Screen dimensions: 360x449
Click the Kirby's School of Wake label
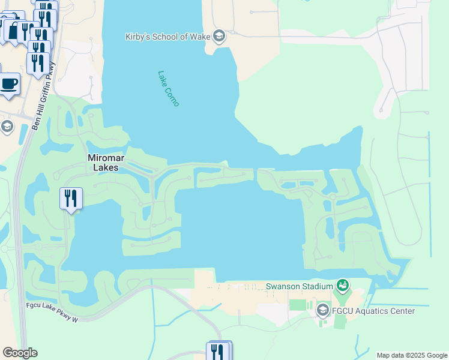pos(168,37)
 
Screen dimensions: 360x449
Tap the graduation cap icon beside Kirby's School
pos(219,37)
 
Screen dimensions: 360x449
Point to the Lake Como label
pos(169,89)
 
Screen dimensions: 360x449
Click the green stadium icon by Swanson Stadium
pos(343,284)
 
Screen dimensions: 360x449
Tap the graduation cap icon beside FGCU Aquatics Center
pos(322,310)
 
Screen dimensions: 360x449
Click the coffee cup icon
pos(8,84)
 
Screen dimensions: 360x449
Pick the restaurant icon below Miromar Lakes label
pos(71,198)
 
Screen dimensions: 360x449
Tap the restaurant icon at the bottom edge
pos(218,352)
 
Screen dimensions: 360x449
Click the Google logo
pos(20,353)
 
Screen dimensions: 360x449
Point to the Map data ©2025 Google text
pos(411,355)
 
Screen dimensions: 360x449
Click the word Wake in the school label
pos(199,37)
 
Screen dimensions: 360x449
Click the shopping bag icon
pos(13,30)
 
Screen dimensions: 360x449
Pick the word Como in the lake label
pos(173,97)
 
